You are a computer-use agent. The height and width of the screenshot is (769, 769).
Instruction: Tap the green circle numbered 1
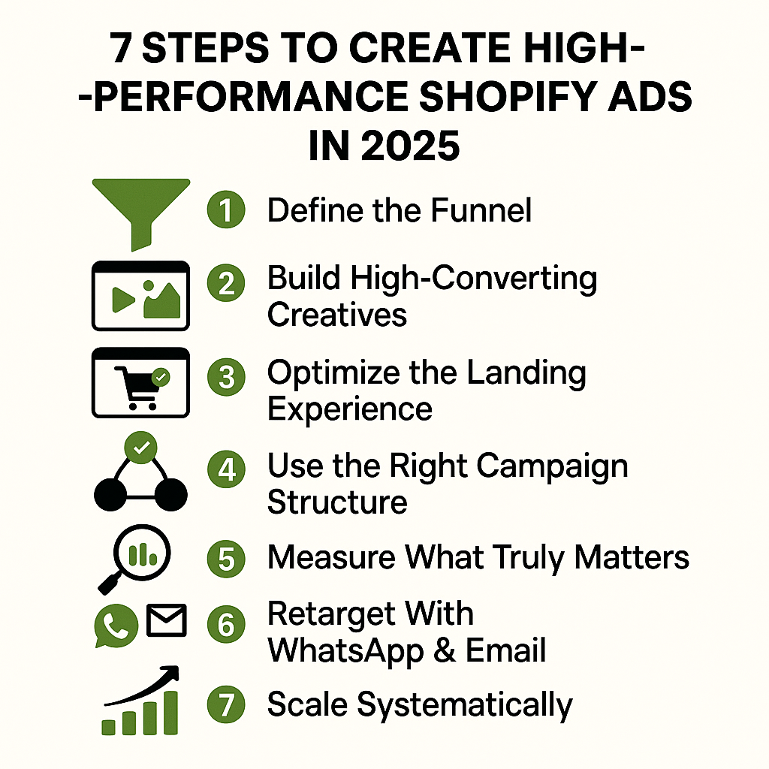(x=226, y=210)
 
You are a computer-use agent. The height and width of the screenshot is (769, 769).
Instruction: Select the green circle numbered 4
(x=226, y=471)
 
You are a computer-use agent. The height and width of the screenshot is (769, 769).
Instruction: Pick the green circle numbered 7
(x=226, y=705)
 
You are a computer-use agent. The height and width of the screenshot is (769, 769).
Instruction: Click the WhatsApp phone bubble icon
(x=116, y=626)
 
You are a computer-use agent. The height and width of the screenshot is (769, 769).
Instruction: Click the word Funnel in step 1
(x=482, y=210)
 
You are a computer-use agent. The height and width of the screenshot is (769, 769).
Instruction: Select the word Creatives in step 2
(x=337, y=314)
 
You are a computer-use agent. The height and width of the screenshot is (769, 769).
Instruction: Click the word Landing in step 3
(x=524, y=373)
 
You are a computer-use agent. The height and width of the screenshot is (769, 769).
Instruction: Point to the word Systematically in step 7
(x=463, y=705)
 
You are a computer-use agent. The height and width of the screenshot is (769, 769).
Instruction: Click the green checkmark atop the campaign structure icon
(x=140, y=448)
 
